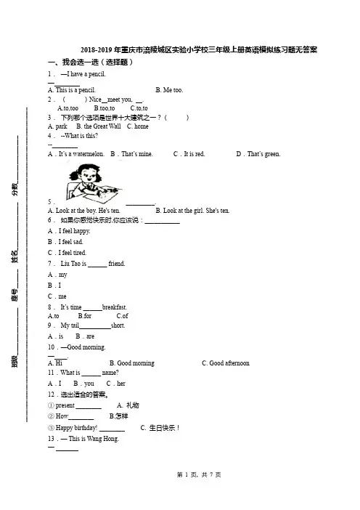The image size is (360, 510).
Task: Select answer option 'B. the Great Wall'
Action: coord(99,126)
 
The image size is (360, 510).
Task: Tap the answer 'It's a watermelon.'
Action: coord(81,154)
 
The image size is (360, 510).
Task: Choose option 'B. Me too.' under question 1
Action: coord(169,90)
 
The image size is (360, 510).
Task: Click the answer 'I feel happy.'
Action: coord(75,231)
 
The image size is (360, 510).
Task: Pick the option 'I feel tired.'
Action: coord(72,252)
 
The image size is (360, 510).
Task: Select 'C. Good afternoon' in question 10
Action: coord(226,363)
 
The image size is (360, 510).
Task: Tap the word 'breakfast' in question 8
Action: coord(115,307)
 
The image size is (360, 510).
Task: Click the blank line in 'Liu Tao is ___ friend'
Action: coord(97,267)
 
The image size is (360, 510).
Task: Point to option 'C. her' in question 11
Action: coord(116,384)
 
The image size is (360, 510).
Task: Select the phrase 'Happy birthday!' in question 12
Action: coord(76,428)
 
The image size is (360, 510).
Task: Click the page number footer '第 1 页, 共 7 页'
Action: coord(199,474)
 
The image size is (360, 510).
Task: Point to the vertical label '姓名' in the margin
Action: coord(15,256)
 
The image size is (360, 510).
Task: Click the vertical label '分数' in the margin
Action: coord(15,189)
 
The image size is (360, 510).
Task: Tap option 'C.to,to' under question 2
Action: coord(139,108)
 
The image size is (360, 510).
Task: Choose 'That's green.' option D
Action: coord(263,154)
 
